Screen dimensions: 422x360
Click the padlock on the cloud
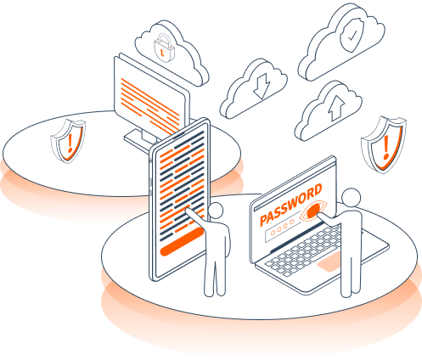point(164,48)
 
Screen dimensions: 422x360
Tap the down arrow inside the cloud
point(262,86)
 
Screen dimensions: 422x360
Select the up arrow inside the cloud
point(336,108)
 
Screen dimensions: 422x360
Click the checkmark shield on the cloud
point(352,35)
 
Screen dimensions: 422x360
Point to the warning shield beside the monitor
point(68,141)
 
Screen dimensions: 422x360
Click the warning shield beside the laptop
point(384,143)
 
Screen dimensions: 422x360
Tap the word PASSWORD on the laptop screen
point(290,205)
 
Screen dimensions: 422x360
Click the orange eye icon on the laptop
point(313,211)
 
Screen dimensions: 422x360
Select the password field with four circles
point(283,227)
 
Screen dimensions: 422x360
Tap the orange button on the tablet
point(182,241)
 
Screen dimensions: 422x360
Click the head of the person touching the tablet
point(216,211)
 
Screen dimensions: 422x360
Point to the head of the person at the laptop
point(352,197)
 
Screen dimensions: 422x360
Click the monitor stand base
point(140,140)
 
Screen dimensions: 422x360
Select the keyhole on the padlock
point(162,52)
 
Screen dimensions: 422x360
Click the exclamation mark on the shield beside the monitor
point(70,143)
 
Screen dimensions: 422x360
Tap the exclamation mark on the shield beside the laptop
point(385,147)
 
